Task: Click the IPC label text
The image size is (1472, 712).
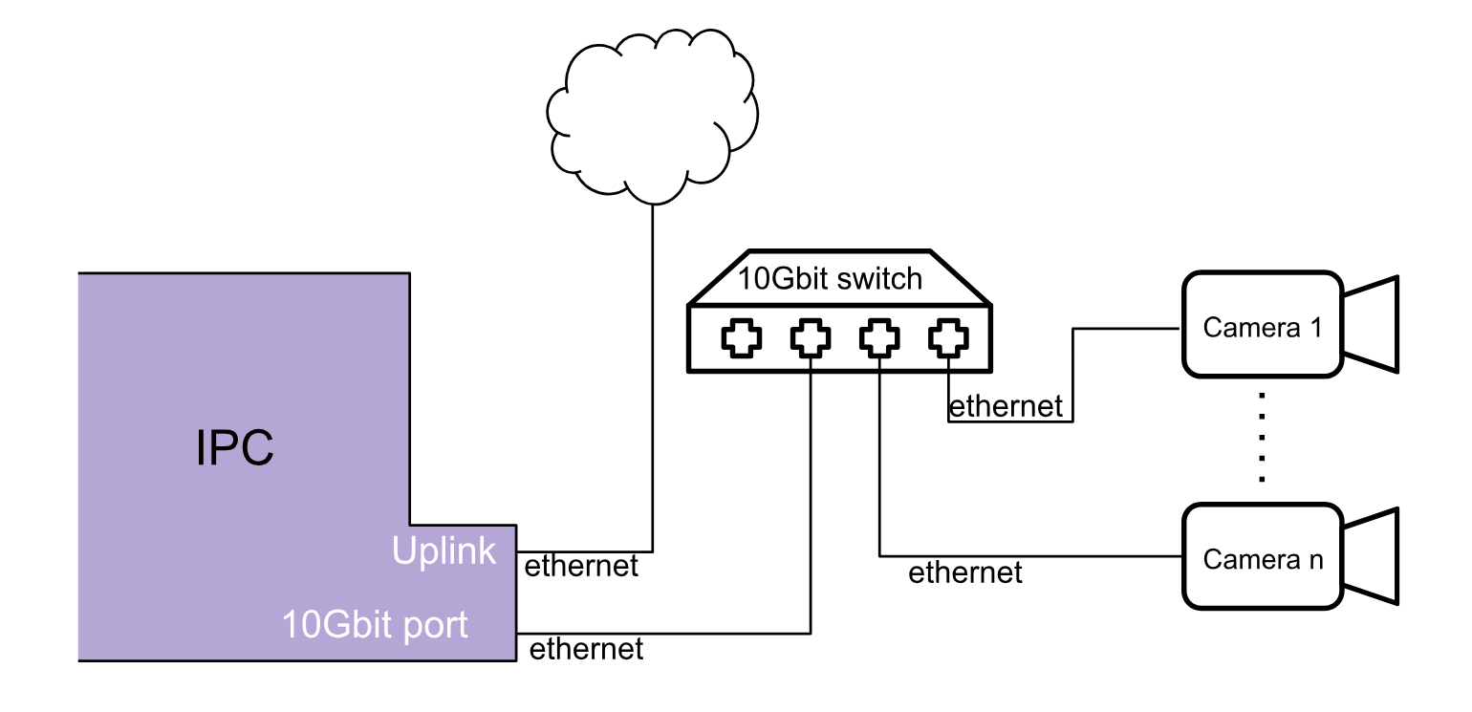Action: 235,447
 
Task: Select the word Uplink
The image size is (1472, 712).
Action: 444,550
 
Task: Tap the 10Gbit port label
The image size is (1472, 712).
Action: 375,625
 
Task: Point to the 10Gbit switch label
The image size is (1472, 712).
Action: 830,279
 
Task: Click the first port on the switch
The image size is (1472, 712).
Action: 742,337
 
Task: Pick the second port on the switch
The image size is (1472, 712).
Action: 811,337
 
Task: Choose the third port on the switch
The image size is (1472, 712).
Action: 879,337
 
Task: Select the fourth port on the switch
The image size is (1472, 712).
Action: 948,337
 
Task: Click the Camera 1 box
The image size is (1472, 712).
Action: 1263,324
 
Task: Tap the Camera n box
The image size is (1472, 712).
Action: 1263,556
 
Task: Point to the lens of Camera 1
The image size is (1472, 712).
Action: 1373,324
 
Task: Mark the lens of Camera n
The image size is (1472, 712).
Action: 1373,556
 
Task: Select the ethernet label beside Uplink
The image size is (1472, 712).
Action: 581,566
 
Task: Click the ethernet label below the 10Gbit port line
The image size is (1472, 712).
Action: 586,650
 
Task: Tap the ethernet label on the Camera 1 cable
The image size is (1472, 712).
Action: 1006,407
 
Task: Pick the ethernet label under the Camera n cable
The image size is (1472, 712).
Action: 965,573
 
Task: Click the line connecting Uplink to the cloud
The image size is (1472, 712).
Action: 653,382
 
